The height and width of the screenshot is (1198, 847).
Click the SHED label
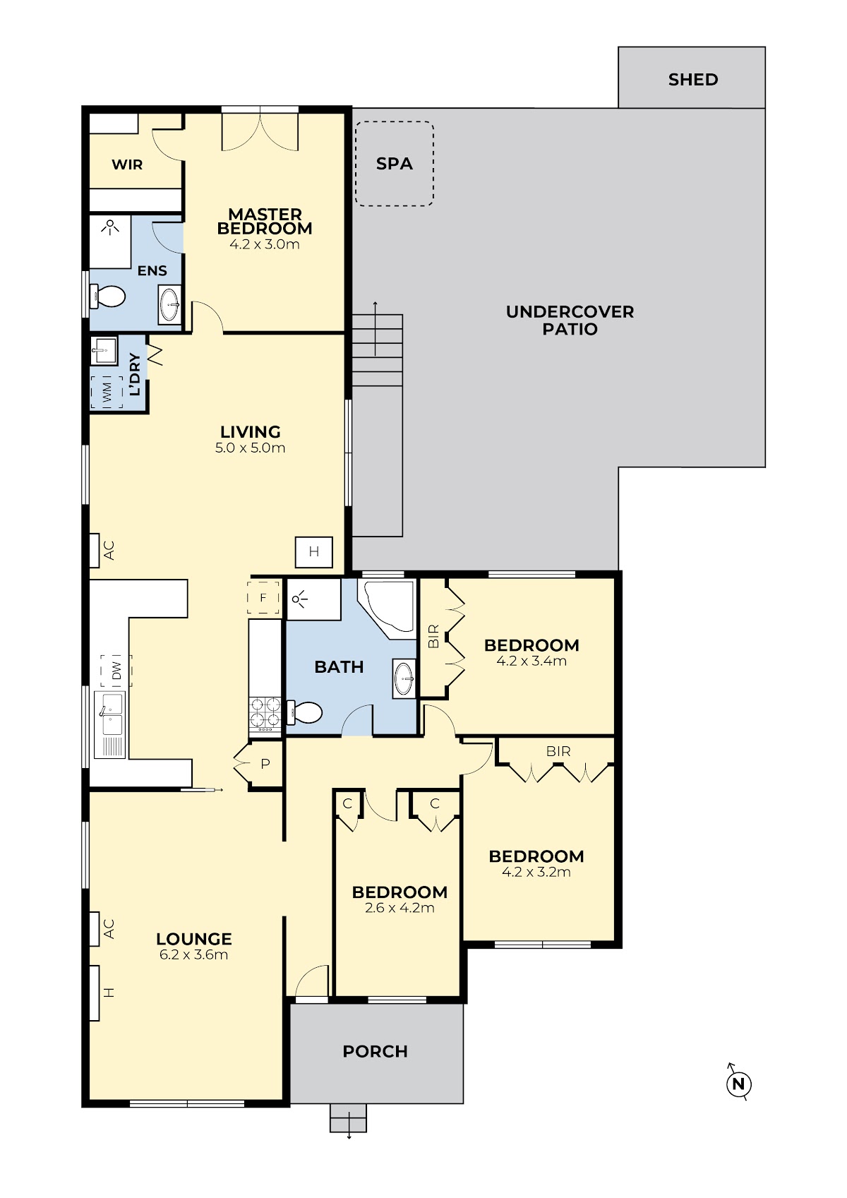coord(692,80)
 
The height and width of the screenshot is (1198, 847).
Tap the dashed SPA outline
coord(356,164)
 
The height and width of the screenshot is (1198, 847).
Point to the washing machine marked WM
coord(107,392)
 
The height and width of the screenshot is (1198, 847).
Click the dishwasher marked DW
coord(116,671)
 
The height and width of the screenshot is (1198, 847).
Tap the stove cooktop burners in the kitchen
coord(265,714)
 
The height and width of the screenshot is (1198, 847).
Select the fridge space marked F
coord(263,597)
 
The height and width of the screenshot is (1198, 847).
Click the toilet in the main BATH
coord(305,713)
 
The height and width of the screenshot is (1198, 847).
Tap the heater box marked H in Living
coord(314,552)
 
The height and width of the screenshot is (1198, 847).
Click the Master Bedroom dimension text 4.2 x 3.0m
coord(265,244)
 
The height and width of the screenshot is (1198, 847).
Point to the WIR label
coord(127,164)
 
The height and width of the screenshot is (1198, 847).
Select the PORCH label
coord(375,1051)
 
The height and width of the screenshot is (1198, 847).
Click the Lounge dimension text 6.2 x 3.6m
coord(193,954)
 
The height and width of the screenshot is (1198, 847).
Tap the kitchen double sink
coord(110,725)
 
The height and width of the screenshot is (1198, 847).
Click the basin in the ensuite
coord(169,305)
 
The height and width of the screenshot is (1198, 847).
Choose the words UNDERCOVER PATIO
coord(570,320)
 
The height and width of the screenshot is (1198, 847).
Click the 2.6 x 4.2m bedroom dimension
coord(400,908)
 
